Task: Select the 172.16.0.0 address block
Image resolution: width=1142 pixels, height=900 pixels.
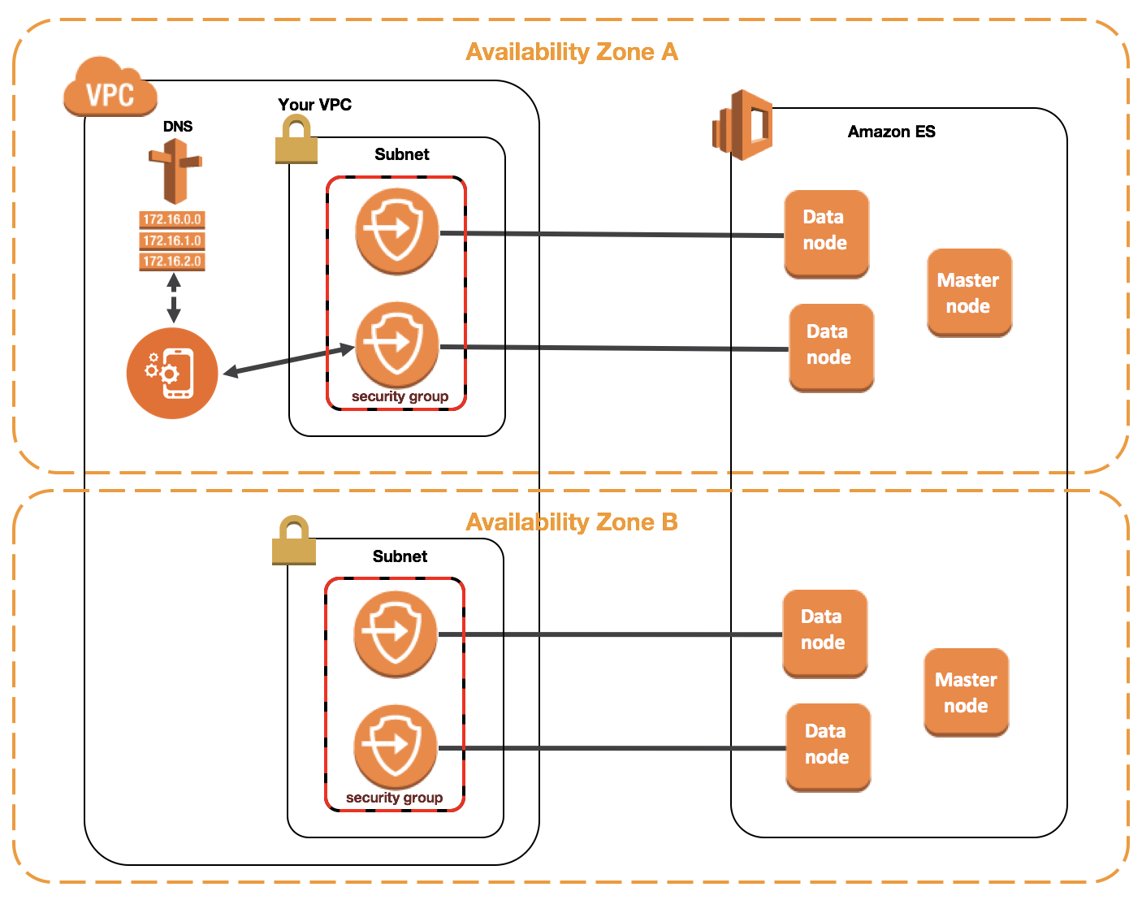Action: [172, 219]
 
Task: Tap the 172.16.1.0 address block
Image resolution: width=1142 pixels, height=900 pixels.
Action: [172, 240]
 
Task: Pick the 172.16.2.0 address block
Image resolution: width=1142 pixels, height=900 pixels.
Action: [172, 261]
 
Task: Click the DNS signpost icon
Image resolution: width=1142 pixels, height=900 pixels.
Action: [175, 171]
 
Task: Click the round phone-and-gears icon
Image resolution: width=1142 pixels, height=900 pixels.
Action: [172, 373]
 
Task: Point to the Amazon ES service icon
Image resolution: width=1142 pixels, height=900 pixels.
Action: [742, 125]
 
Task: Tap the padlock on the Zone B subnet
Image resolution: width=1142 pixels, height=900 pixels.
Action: [294, 540]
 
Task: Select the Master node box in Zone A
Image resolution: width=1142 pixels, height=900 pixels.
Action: [969, 293]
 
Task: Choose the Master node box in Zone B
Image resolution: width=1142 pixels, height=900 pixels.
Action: [966, 693]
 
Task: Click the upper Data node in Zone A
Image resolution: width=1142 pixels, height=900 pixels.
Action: [826, 234]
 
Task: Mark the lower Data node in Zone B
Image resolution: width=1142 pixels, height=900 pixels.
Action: [828, 748]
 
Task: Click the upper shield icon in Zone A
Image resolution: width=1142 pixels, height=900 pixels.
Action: [397, 231]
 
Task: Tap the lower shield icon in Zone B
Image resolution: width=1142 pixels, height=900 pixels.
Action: [396, 747]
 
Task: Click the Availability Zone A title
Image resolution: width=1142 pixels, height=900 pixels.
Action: [572, 52]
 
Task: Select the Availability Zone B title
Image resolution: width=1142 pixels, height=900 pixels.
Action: [572, 522]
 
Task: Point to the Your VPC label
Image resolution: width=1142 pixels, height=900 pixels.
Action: [314, 105]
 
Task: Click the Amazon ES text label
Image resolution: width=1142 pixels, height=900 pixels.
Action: [892, 131]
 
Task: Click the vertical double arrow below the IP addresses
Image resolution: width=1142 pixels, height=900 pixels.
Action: [174, 298]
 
